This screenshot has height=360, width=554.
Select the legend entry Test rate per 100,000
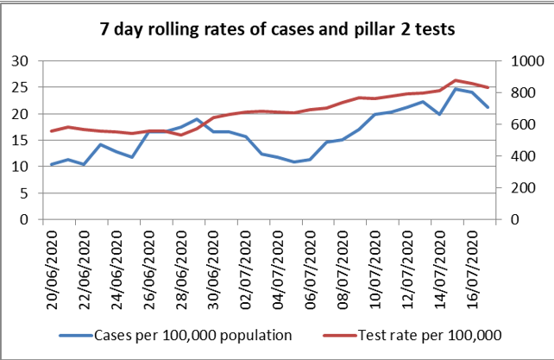pyautogui.click(x=428, y=335)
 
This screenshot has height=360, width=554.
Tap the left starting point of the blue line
pyautogui.click(x=52, y=164)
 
